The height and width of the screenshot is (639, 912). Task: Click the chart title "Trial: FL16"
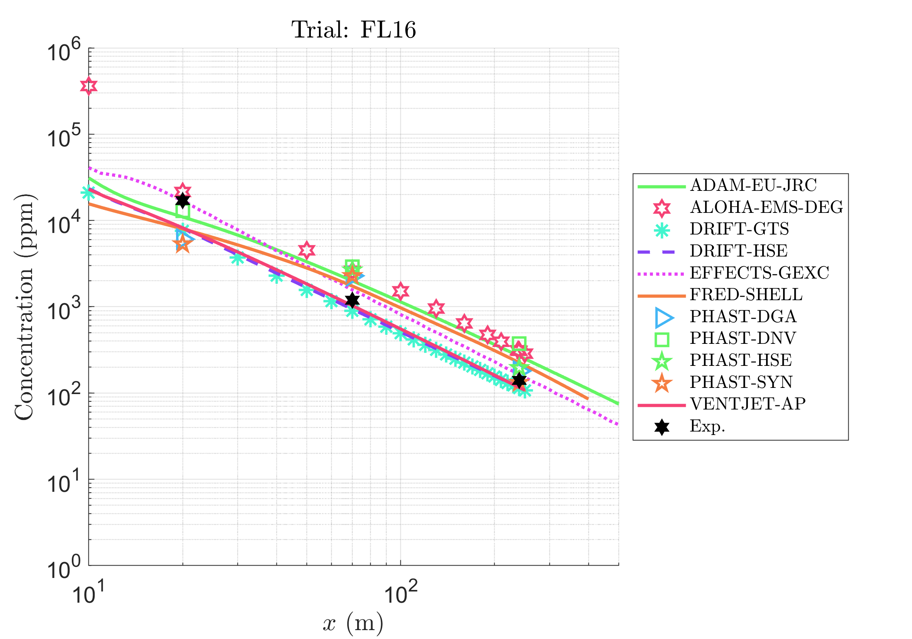click(x=354, y=30)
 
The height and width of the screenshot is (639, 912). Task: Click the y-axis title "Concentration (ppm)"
click(x=25, y=307)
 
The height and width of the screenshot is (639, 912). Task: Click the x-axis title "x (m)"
click(x=353, y=623)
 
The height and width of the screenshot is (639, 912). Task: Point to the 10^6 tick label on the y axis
click(x=64, y=51)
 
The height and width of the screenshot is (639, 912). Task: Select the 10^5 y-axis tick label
click(x=64, y=137)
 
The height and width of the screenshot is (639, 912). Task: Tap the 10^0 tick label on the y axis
click(x=64, y=568)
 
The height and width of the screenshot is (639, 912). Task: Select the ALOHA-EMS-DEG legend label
click(x=766, y=207)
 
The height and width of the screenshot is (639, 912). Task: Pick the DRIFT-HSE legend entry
click(x=738, y=251)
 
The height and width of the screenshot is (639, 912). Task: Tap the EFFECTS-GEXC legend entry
click(x=759, y=273)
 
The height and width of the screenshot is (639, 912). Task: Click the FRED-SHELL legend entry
click(x=746, y=294)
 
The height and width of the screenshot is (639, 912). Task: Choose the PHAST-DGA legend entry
click(x=743, y=316)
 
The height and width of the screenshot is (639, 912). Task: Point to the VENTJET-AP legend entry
click(x=748, y=404)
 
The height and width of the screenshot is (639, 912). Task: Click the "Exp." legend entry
click(x=707, y=426)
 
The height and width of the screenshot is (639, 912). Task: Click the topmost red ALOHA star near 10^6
click(x=88, y=86)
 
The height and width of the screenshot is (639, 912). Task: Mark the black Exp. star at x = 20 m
click(x=183, y=200)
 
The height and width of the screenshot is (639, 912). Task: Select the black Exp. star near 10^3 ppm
click(x=352, y=301)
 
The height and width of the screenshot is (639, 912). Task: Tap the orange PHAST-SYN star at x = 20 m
click(x=183, y=244)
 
